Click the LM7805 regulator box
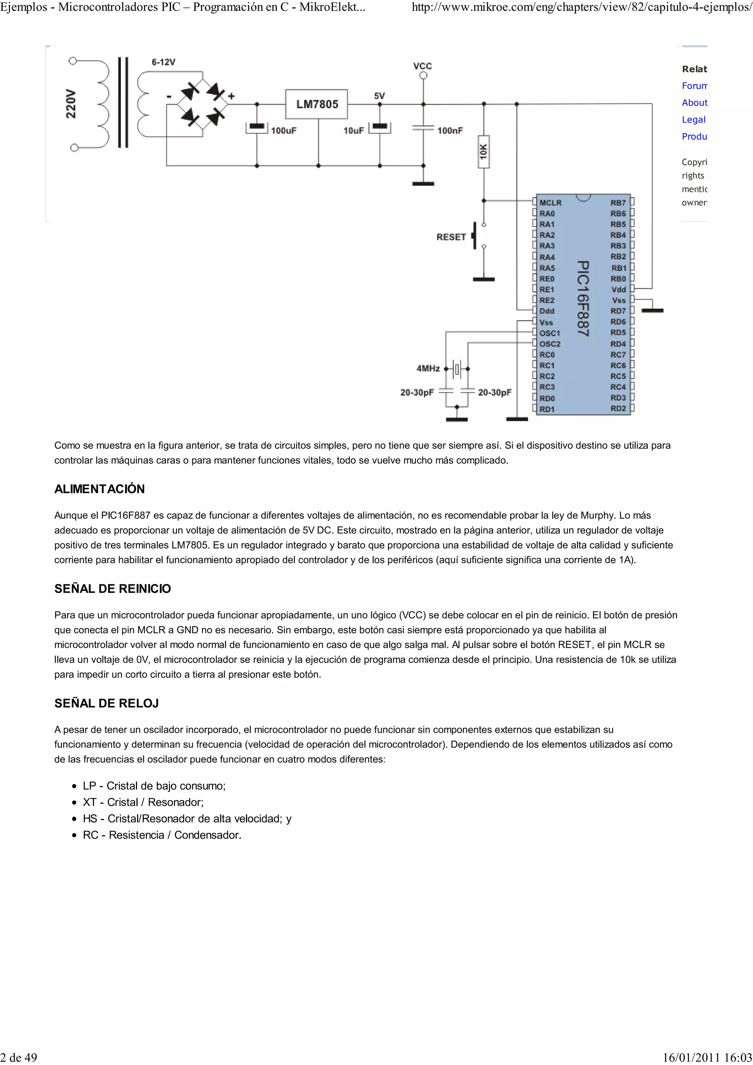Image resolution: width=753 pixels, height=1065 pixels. click(x=317, y=104)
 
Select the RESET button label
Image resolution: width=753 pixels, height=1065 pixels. click(x=450, y=237)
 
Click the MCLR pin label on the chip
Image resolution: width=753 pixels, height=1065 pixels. click(x=550, y=203)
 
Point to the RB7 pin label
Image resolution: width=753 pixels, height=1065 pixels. click(x=618, y=203)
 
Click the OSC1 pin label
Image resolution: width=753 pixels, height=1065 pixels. click(x=550, y=333)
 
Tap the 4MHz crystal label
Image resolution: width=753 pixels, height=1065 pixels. click(x=428, y=368)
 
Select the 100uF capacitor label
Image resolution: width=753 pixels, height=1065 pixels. click(x=283, y=131)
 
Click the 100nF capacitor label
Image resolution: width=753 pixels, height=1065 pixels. click(x=450, y=131)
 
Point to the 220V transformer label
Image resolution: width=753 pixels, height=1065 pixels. click(x=71, y=104)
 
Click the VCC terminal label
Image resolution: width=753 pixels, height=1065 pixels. click(x=422, y=66)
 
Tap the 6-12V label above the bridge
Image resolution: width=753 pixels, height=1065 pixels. click(x=163, y=62)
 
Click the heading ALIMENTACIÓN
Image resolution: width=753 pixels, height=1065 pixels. click(x=99, y=489)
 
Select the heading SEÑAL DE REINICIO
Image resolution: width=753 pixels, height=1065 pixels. click(x=112, y=589)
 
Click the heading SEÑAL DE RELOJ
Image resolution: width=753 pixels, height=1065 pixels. click(x=106, y=703)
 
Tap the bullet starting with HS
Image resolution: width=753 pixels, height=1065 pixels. click(x=186, y=819)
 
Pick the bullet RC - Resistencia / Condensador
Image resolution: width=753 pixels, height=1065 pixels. click(x=161, y=835)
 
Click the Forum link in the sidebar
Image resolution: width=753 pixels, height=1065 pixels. click(x=694, y=86)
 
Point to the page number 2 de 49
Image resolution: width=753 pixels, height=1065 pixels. click(x=18, y=1057)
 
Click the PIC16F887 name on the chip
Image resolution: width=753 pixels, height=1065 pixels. click(x=583, y=298)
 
